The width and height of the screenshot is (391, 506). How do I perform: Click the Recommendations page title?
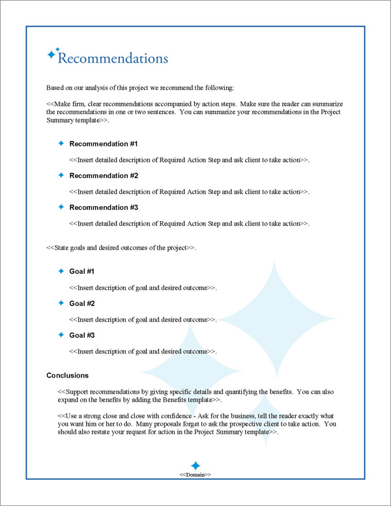click(x=113, y=59)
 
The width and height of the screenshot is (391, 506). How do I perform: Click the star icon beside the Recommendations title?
click(x=51, y=55)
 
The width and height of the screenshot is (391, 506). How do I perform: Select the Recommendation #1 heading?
click(x=104, y=143)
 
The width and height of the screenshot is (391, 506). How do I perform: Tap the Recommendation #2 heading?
click(x=104, y=175)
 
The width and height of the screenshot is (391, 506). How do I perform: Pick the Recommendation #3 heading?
click(x=104, y=207)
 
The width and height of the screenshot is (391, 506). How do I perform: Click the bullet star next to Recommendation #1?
click(x=61, y=143)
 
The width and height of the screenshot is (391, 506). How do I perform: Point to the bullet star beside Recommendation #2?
click(x=61, y=175)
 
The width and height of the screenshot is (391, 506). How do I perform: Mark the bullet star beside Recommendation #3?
click(x=61, y=207)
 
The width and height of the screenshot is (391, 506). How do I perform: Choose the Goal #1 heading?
click(x=82, y=271)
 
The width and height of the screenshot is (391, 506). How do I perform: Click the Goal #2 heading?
click(x=82, y=303)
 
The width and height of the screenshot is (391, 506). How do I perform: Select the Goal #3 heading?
click(x=82, y=335)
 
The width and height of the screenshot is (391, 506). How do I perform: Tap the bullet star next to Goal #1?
click(x=61, y=271)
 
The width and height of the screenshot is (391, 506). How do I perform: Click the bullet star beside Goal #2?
click(x=61, y=303)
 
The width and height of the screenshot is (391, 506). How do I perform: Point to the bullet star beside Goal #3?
click(x=61, y=335)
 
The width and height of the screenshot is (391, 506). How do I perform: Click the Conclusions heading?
click(x=68, y=376)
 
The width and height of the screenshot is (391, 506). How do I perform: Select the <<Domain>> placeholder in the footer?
click(x=195, y=475)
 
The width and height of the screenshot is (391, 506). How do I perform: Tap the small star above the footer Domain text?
click(x=195, y=467)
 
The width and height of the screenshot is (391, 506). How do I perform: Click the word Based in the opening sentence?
click(x=55, y=87)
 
